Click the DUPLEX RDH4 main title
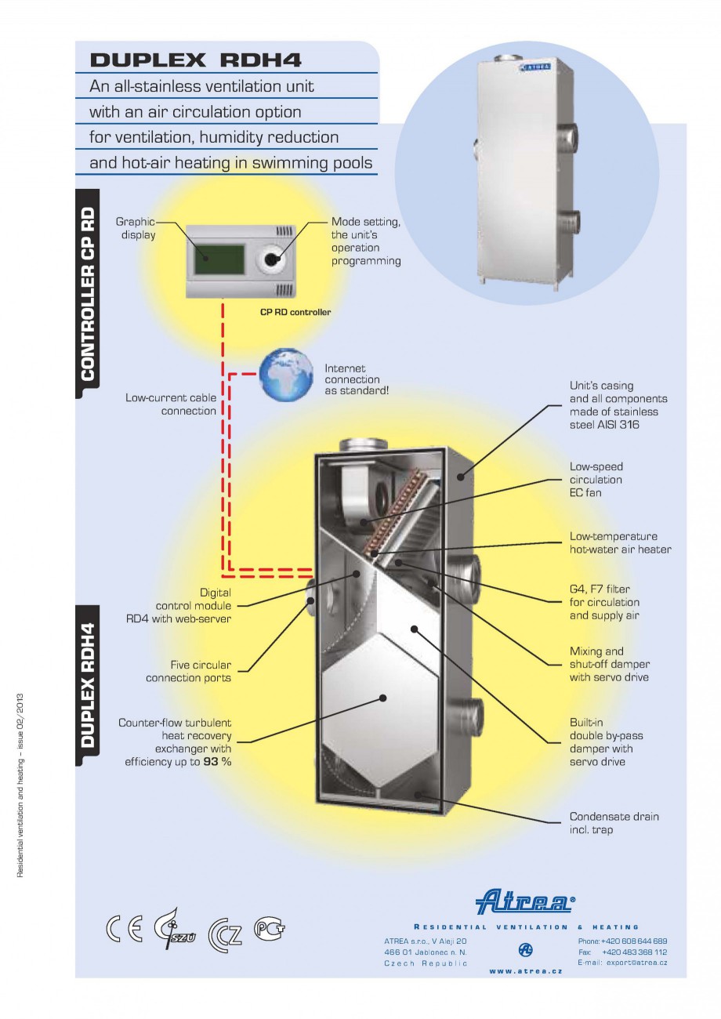195,60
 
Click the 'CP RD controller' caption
295,312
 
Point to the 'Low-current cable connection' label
171,404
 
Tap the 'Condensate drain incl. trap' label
614,822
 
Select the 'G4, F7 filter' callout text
600,589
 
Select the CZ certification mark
225,933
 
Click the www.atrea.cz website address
525,970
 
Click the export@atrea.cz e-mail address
635,962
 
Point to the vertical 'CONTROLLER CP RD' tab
88,294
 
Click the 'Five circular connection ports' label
188,671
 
